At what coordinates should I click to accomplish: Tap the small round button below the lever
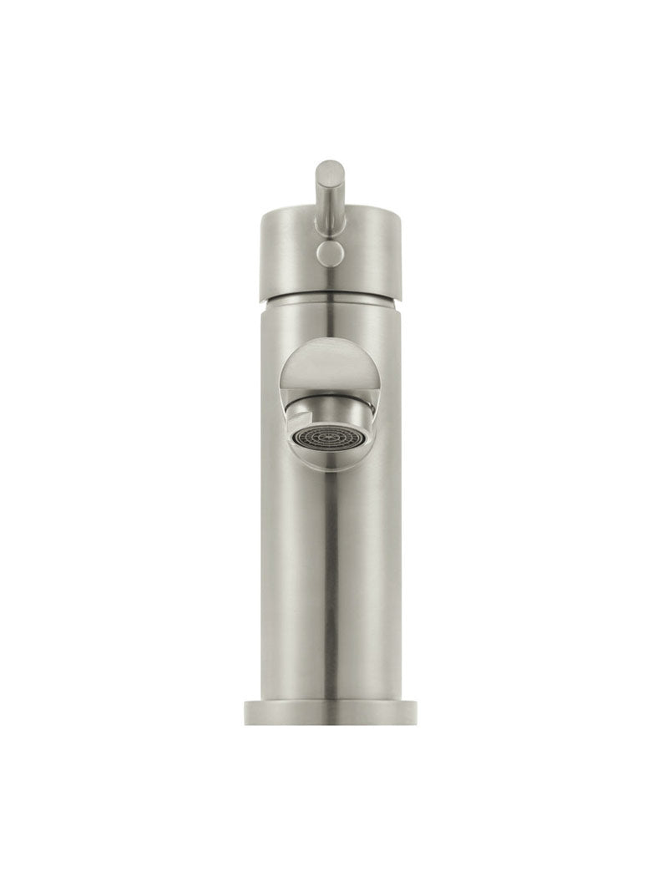coord(329,253)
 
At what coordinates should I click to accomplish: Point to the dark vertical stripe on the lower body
coord(330,585)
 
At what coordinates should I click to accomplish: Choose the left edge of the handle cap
coord(259,251)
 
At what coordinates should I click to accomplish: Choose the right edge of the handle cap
coord(400,251)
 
